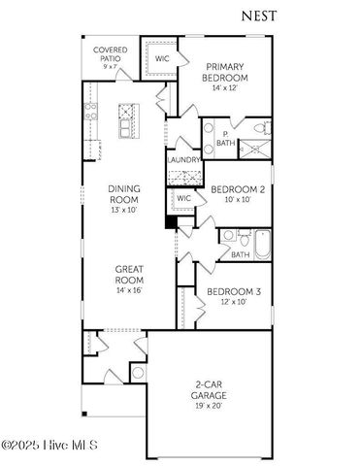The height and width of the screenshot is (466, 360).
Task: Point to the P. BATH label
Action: click(224, 139)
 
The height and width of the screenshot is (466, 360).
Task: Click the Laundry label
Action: click(184, 159)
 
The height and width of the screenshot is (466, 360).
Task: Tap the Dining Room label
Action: click(123, 197)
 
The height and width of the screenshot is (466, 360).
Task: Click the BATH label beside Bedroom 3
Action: click(240, 254)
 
